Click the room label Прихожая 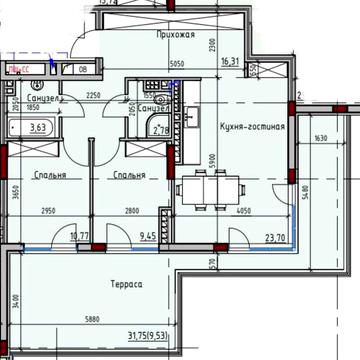click(x=175, y=33)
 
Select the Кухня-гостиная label click(x=253, y=127)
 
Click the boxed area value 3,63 click(x=39, y=127)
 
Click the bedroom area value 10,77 click(x=66, y=237)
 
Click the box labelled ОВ click(x=83, y=69)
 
